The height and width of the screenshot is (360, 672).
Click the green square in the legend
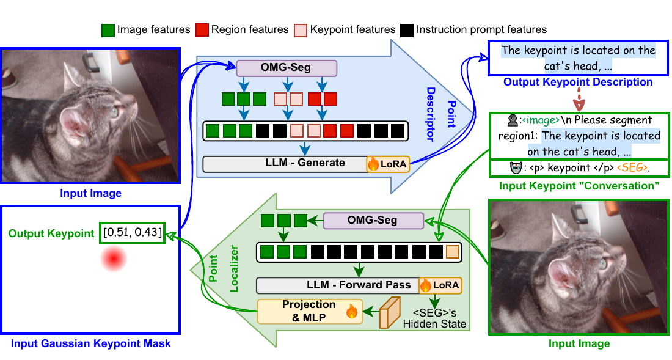[x=108, y=29]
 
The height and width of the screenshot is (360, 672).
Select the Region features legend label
[x=249, y=29]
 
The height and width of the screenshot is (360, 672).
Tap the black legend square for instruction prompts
[x=407, y=29]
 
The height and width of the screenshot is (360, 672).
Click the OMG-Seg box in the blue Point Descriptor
[x=287, y=68]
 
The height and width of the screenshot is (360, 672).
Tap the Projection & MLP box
[x=309, y=310]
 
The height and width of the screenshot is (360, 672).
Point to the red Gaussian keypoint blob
[x=114, y=260]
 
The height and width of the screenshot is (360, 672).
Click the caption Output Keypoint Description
[x=578, y=82]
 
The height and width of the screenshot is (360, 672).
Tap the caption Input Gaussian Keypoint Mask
[x=90, y=343]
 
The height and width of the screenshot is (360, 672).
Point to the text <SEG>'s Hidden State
[x=434, y=318]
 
